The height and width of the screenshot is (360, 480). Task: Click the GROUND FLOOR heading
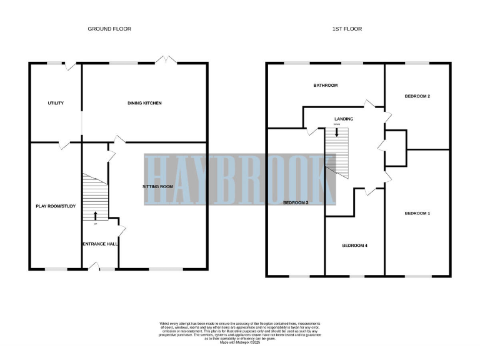click(x=109, y=29)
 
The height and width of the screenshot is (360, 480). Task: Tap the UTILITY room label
click(x=55, y=103)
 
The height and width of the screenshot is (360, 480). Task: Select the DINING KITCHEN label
click(x=145, y=103)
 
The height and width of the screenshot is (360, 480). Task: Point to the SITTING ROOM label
click(x=157, y=186)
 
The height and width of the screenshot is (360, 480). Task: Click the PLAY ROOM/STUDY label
click(x=55, y=206)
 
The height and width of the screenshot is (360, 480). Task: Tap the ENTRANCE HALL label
click(x=100, y=243)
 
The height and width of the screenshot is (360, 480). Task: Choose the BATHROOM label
click(x=326, y=85)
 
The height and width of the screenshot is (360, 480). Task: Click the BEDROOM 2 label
click(x=417, y=96)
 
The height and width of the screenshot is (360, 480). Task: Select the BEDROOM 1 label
click(x=417, y=213)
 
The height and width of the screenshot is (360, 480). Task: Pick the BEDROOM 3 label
click(x=296, y=202)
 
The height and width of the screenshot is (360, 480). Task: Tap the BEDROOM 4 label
click(x=354, y=246)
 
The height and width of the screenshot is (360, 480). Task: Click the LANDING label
click(x=344, y=119)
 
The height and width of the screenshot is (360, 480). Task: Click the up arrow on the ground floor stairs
click(x=96, y=216)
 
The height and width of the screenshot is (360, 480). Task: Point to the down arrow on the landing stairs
click(x=337, y=131)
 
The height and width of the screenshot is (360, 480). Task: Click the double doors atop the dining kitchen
click(x=166, y=60)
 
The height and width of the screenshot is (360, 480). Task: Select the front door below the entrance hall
click(x=93, y=268)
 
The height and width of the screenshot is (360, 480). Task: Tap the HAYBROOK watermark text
click(x=239, y=179)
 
